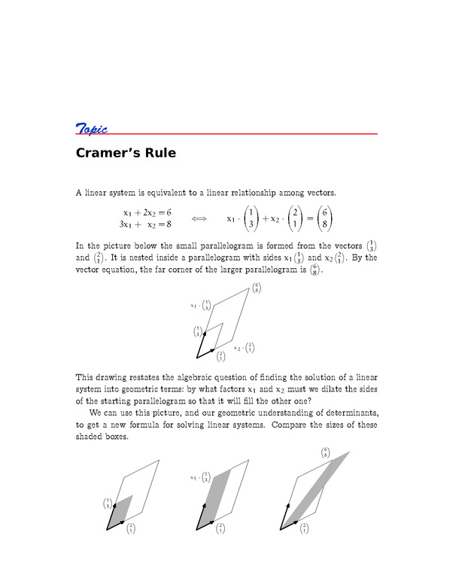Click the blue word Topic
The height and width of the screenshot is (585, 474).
click(91, 128)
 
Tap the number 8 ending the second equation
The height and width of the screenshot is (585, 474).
click(169, 224)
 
